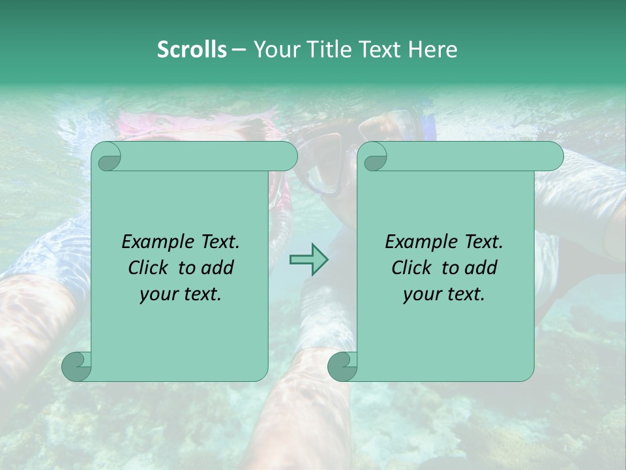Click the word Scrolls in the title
(192, 50)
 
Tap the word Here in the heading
(433, 50)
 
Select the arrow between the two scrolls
(308, 260)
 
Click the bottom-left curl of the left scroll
(77, 366)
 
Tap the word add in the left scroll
(218, 268)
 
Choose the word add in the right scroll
(481, 268)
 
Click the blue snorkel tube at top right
(427, 126)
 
